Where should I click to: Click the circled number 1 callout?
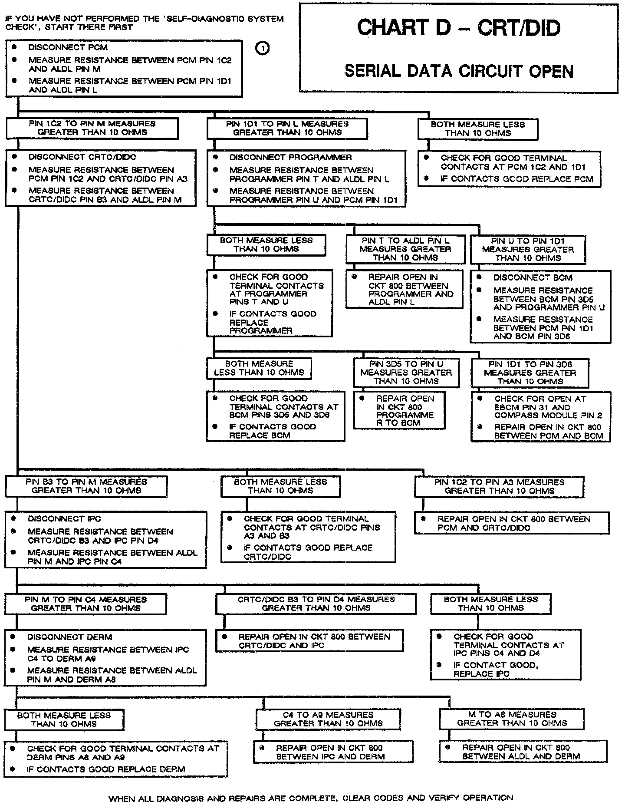point(263,48)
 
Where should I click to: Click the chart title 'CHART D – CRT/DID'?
point(459,28)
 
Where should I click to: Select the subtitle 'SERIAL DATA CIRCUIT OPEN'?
point(459,71)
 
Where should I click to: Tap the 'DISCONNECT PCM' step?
point(68,47)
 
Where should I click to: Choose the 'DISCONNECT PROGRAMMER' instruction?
point(290,157)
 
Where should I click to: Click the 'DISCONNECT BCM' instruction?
point(533,278)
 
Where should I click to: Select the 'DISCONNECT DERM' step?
point(69,637)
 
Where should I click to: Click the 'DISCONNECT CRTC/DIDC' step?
point(82,157)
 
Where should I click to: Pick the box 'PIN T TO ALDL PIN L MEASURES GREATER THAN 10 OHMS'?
point(405,249)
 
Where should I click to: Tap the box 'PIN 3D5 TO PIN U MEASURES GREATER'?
point(406,373)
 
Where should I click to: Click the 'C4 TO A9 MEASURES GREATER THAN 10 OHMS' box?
point(328,719)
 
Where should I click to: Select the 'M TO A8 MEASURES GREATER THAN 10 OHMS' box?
point(512,719)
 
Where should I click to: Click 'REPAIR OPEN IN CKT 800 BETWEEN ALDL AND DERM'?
point(520,752)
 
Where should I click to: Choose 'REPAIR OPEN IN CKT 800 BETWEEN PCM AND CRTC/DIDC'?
point(513,523)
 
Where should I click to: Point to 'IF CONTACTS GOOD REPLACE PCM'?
point(516,179)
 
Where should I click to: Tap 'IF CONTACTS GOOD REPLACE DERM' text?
point(106,769)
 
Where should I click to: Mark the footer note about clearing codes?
point(311,798)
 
